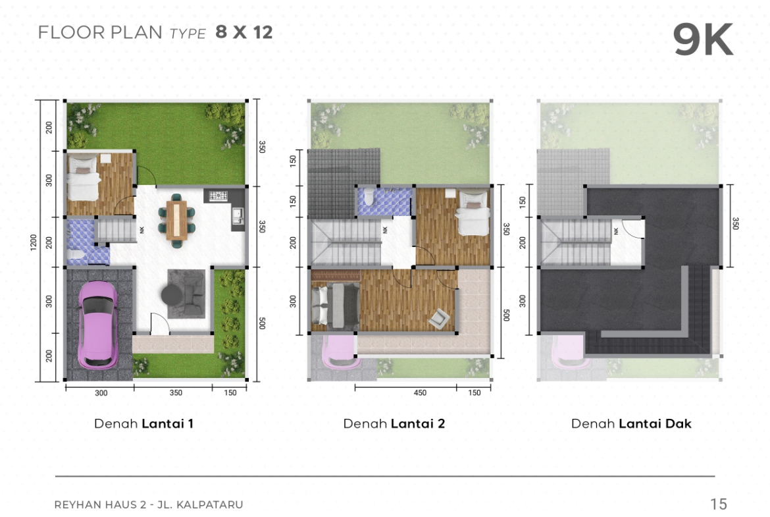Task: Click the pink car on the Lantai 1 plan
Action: pos(98,325)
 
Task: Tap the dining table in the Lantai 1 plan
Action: pos(177,220)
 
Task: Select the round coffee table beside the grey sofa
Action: pos(171,295)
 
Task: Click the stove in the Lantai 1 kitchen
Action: pos(218,196)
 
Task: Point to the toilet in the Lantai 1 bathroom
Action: pos(76,255)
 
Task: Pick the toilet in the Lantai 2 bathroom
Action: pos(369,196)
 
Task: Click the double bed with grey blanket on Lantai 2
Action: pos(336,306)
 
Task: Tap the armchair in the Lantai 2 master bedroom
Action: pos(438,318)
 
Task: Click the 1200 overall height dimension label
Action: pos(34,242)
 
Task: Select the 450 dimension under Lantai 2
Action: pos(420,393)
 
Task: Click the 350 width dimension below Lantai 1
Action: pos(175,393)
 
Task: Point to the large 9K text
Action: pos(703,40)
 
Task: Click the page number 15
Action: pos(719,504)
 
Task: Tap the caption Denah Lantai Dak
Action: pos(631,423)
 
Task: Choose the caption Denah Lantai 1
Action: pos(143,423)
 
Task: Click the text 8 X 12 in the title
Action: pos(244,32)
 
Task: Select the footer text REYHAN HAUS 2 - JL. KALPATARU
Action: pos(148,504)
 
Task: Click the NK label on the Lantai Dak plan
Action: pos(616,230)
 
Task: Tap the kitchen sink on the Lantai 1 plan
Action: pos(237,214)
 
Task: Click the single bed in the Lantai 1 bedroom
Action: pos(83,177)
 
